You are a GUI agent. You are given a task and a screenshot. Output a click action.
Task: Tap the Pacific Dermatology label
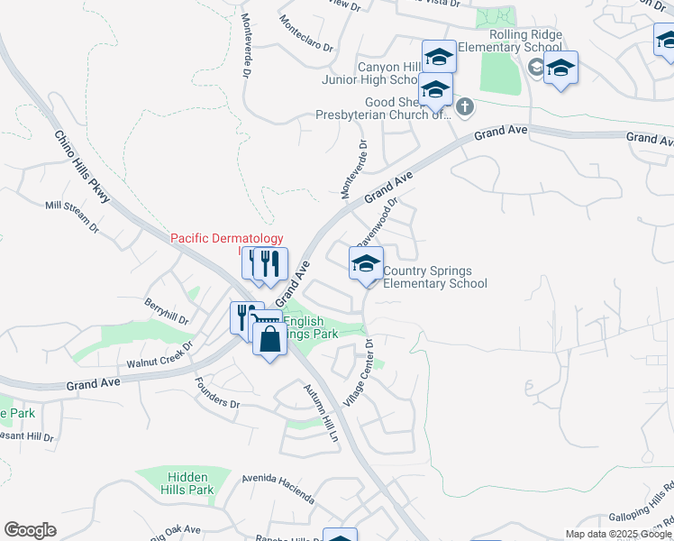pyautogui.click(x=221, y=238)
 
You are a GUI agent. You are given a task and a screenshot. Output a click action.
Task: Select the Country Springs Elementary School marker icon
pyautogui.click(x=366, y=264)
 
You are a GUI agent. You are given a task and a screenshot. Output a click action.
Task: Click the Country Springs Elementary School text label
pyautogui.click(x=435, y=277)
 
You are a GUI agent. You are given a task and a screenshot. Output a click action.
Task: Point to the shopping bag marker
pyautogui.click(x=269, y=340)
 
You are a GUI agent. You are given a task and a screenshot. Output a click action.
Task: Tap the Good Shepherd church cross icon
pyautogui.click(x=465, y=108)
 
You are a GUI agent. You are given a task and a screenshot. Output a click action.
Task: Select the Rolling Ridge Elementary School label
pyautogui.click(x=514, y=41)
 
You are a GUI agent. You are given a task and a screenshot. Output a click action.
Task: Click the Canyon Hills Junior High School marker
pyautogui.click(x=439, y=57)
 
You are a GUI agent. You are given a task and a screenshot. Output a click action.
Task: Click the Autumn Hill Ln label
pyautogui.click(x=320, y=413)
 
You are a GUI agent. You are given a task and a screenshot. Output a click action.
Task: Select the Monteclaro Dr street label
pyautogui.click(x=306, y=32)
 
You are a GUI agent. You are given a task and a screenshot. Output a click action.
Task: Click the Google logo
pyautogui.click(x=30, y=530)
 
